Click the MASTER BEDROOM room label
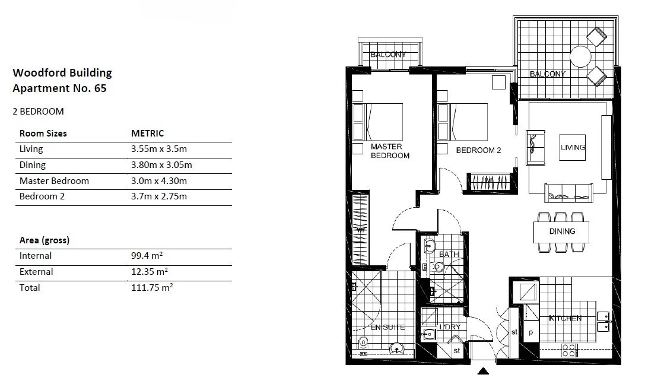click(x=390, y=151)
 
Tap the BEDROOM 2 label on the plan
click(x=478, y=151)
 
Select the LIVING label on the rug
click(x=573, y=147)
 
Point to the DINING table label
click(x=561, y=231)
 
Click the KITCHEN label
click(x=565, y=319)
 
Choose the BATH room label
click(x=449, y=255)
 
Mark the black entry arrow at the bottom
click(x=484, y=372)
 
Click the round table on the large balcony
click(x=580, y=57)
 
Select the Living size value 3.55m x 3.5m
click(x=158, y=150)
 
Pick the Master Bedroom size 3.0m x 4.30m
click(x=158, y=181)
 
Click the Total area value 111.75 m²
click(x=151, y=287)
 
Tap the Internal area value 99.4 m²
click(x=147, y=256)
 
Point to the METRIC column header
click(x=147, y=134)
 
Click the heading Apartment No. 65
click(x=59, y=88)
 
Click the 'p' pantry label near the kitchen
click(x=530, y=332)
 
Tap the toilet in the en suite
click(x=363, y=342)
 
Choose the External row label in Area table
click(x=36, y=272)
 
